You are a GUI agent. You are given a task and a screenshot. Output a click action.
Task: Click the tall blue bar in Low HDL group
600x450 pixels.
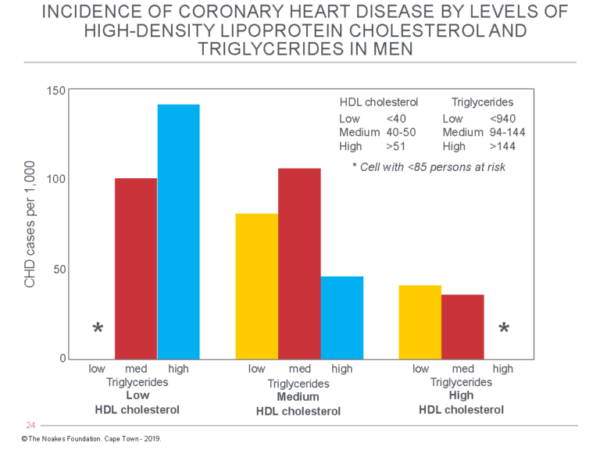pyautogui.click(x=178, y=231)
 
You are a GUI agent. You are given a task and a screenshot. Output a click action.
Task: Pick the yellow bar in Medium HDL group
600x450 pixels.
pyautogui.click(x=257, y=286)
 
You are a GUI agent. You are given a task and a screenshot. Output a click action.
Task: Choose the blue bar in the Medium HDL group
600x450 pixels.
pyautogui.click(x=342, y=317)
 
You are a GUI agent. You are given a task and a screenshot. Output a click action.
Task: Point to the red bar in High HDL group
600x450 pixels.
pyautogui.click(x=462, y=327)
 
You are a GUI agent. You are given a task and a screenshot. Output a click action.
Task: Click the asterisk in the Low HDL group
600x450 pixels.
pyautogui.click(x=98, y=329)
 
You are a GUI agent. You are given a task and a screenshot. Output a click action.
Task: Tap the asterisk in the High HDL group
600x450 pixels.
pyautogui.click(x=504, y=329)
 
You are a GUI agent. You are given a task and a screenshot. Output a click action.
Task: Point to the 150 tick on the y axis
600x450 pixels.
pyautogui.click(x=55, y=91)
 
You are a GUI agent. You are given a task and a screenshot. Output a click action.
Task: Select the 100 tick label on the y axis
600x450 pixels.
pyautogui.click(x=55, y=179)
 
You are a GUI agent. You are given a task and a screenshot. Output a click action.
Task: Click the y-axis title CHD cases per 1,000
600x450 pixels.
pyautogui.click(x=30, y=225)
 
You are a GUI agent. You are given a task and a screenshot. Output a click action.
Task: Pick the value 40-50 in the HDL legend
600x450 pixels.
pyautogui.click(x=402, y=132)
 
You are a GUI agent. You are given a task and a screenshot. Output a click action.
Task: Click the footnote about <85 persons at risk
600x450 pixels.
pyautogui.click(x=429, y=166)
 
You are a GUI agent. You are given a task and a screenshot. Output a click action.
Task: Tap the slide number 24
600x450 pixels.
pyautogui.click(x=31, y=426)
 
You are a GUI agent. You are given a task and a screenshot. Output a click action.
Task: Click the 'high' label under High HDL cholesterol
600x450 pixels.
pyautogui.click(x=503, y=369)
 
